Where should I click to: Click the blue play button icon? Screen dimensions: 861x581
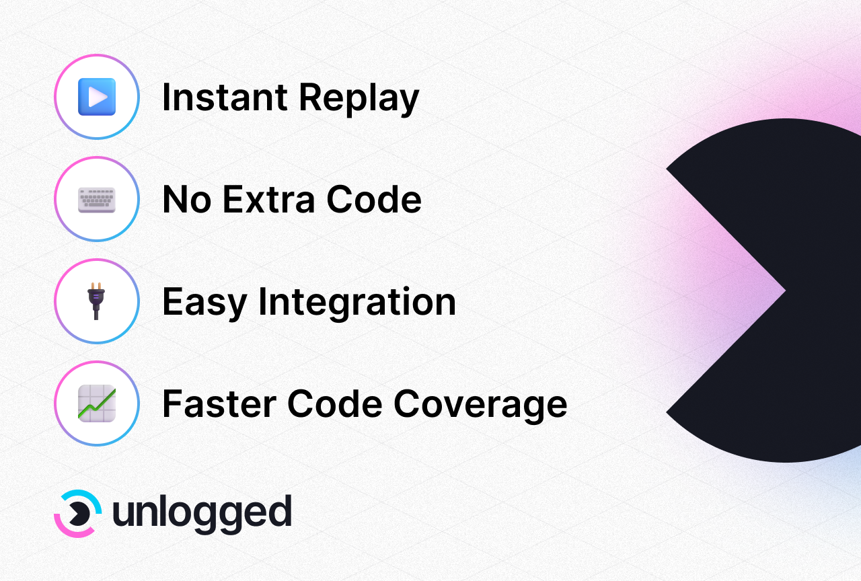[x=97, y=97]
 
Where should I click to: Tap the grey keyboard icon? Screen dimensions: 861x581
[x=97, y=200]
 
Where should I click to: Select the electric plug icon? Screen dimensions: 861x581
[x=96, y=301]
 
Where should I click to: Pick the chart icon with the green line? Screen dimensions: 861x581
[x=97, y=403]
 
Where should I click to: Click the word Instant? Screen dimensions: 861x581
[x=225, y=98]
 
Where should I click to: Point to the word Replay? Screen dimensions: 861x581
[x=359, y=99]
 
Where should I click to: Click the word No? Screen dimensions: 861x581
[x=187, y=199]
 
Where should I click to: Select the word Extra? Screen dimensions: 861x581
[x=269, y=199]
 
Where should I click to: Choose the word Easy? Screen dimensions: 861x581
[x=204, y=303]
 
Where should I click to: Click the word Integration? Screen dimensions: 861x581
[x=357, y=303]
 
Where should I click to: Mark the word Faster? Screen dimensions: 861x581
[x=219, y=403]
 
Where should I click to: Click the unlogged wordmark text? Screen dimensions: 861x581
[x=202, y=514]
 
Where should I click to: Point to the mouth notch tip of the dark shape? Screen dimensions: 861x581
[x=785, y=290]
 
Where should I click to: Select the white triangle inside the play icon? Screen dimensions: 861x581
[x=98, y=97]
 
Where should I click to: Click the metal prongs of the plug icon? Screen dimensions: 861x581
[x=96, y=286]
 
